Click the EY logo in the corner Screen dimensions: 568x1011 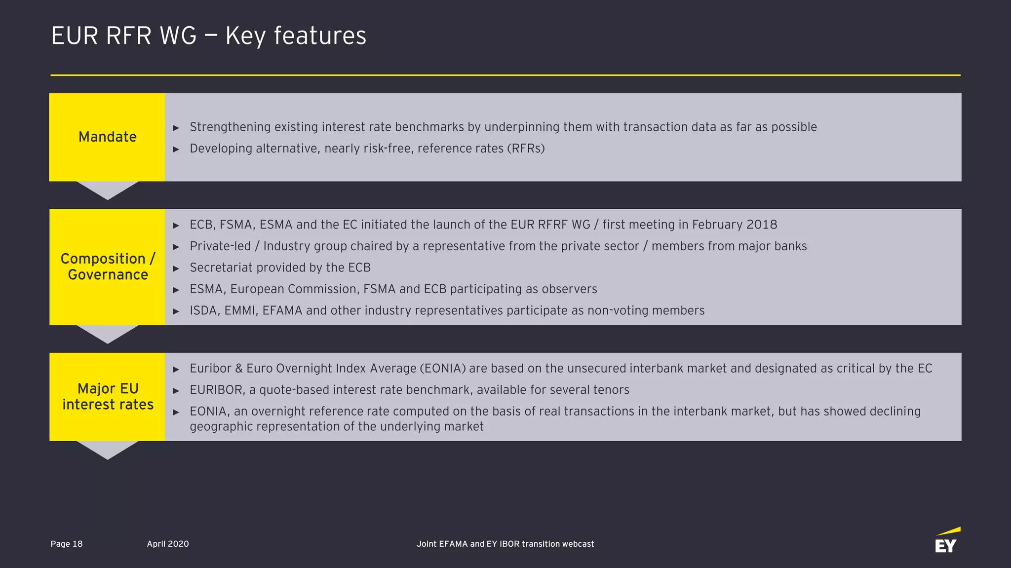click(946, 541)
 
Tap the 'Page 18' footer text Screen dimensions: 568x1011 click(67, 544)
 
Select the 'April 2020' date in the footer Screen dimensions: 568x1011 click(168, 544)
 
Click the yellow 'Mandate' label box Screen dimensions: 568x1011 click(107, 137)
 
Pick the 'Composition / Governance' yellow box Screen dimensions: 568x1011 click(107, 266)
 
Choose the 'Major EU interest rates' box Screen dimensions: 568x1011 click(107, 396)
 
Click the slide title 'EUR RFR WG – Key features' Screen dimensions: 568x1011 click(208, 36)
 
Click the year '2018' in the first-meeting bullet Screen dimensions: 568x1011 click(762, 225)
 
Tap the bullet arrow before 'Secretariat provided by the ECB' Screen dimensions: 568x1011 click(176, 268)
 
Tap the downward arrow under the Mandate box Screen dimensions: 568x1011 click(107, 189)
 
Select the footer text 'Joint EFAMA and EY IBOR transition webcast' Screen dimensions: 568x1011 click(505, 544)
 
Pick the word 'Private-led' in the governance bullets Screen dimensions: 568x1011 click(220, 246)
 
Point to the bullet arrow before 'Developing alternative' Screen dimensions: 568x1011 click(176, 149)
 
